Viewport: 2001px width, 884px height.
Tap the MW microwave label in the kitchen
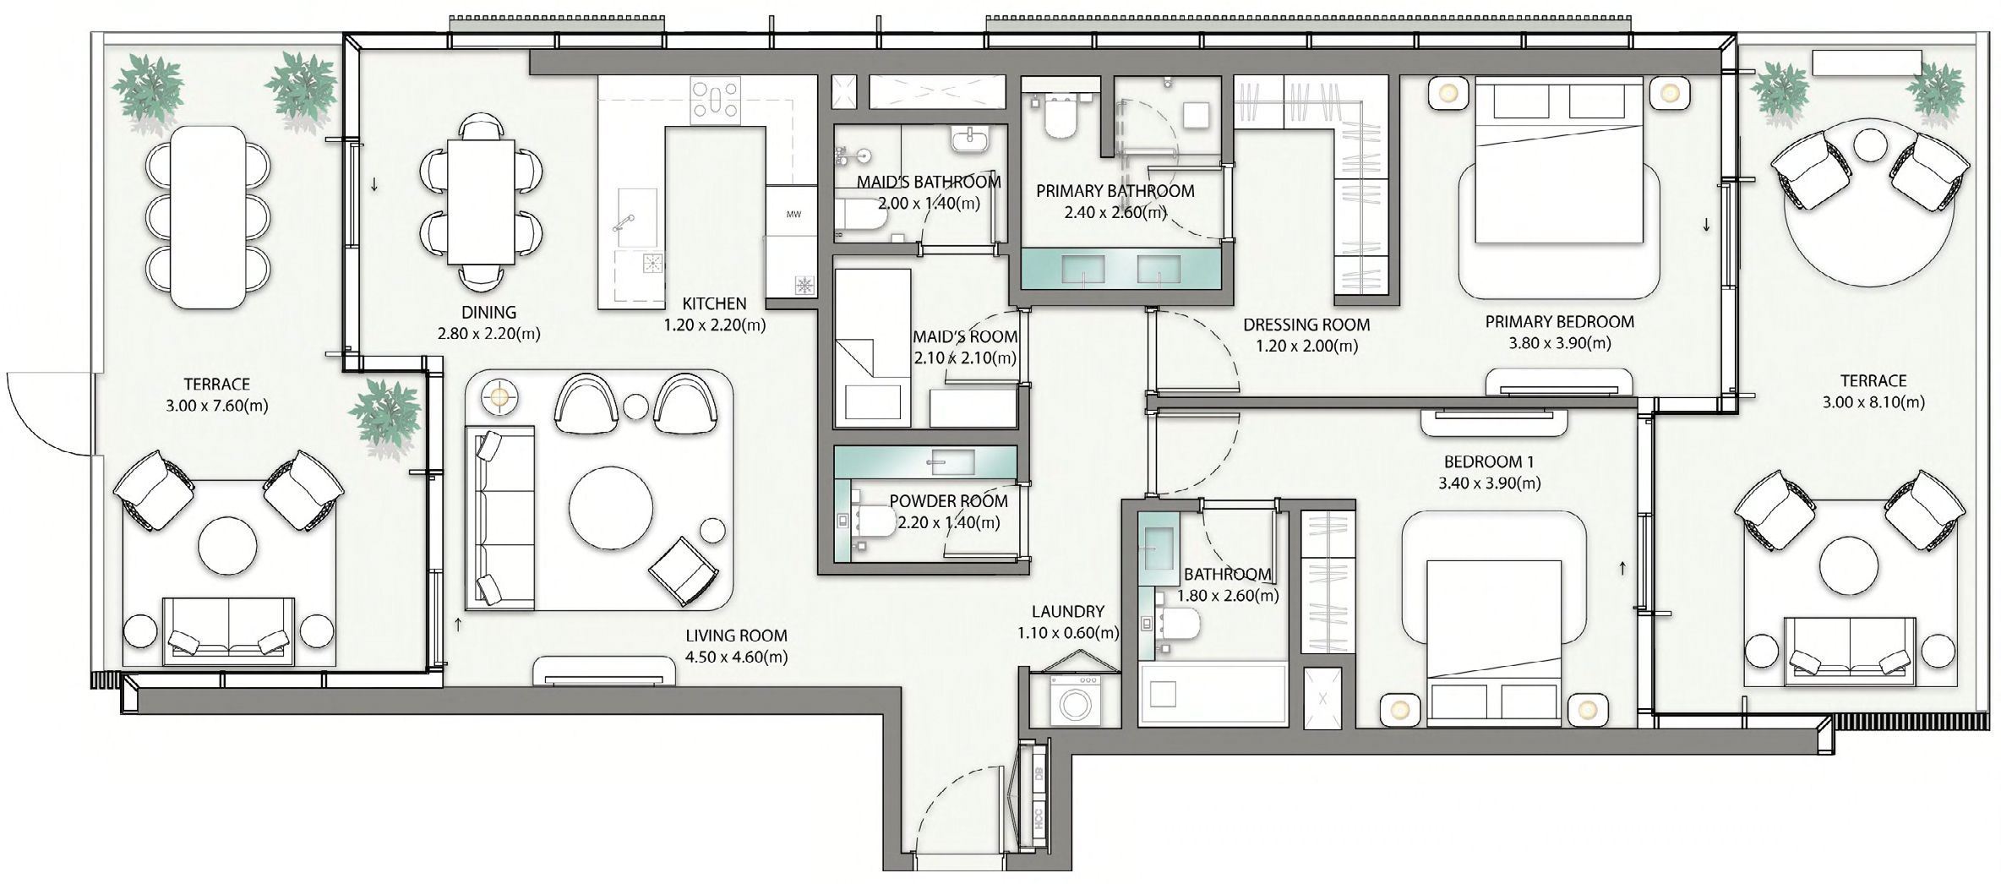(x=793, y=215)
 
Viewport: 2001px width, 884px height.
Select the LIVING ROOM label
(x=736, y=636)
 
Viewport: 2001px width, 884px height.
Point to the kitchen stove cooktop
(x=715, y=101)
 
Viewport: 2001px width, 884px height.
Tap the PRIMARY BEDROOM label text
(x=1559, y=322)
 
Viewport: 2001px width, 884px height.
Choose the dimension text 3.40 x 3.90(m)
(x=1489, y=483)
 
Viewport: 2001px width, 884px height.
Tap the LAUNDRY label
(x=1067, y=611)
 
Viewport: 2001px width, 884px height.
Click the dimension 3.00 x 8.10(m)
(x=1873, y=402)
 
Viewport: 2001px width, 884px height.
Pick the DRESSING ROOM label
(x=1306, y=325)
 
